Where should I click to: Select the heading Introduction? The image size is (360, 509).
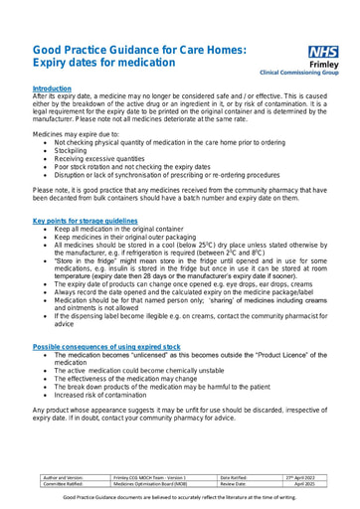pyautogui.click(x=52, y=88)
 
